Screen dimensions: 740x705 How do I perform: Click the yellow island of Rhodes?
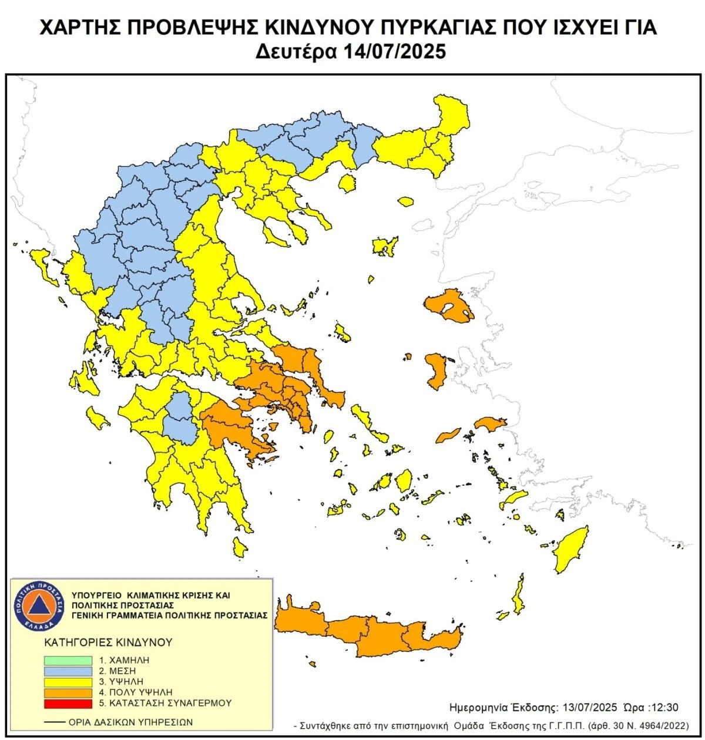[x=570, y=549]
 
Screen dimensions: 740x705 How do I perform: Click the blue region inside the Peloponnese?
[x=180, y=420]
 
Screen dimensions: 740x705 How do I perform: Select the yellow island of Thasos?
[x=348, y=184]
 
